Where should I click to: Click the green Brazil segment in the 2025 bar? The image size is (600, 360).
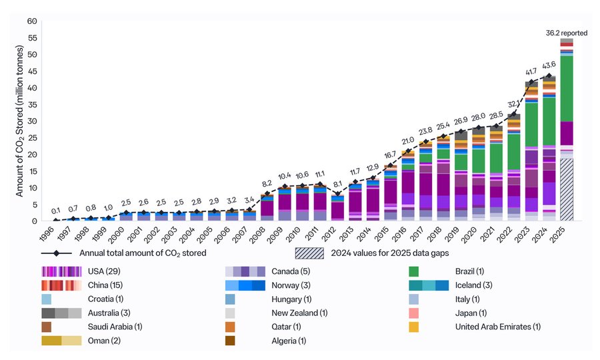pyautogui.click(x=567, y=89)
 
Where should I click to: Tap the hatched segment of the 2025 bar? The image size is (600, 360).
pyautogui.click(x=567, y=190)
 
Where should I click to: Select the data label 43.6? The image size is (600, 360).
pyautogui.click(x=549, y=66)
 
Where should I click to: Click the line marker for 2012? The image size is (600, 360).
pyautogui.click(x=337, y=194)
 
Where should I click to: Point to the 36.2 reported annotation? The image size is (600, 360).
pyautogui.click(x=566, y=33)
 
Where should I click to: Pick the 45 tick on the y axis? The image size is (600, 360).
pyautogui.click(x=32, y=71)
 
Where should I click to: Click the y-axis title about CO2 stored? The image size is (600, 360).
pyautogui.click(x=19, y=121)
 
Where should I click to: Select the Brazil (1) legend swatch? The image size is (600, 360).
pyautogui.click(x=413, y=271)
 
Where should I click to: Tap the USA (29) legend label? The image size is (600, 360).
pyautogui.click(x=104, y=271)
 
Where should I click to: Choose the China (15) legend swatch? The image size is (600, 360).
pyautogui.click(x=61, y=285)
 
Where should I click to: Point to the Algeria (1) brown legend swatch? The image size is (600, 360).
pyautogui.click(x=230, y=341)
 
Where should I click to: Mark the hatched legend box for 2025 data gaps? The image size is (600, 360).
pyautogui.click(x=309, y=253)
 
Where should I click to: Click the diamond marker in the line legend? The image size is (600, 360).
pyautogui.click(x=56, y=253)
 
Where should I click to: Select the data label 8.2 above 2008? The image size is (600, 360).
pyautogui.click(x=267, y=183)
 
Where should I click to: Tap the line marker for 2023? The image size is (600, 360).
pyautogui.click(x=531, y=82)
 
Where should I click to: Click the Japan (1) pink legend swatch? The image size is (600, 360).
pyautogui.click(x=413, y=313)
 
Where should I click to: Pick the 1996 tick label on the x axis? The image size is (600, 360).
pyautogui.click(x=46, y=233)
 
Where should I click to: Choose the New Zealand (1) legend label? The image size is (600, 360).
pyautogui.click(x=299, y=313)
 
